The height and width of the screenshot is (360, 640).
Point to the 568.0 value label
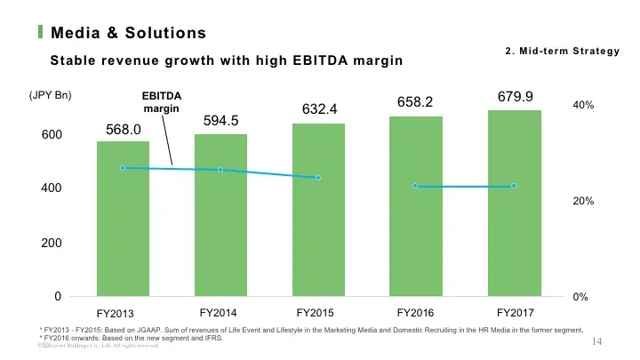tap(124, 130)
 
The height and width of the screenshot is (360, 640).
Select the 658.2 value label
tap(414, 102)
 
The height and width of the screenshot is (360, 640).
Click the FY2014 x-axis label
tap(218, 312)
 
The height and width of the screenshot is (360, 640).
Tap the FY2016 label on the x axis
tap(415, 312)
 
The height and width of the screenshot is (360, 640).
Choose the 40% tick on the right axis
tap(583, 105)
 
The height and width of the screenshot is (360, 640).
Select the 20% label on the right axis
tap(583, 202)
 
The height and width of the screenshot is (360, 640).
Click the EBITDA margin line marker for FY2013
tap(123, 168)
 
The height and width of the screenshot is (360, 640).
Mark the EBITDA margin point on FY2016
tap(416, 186)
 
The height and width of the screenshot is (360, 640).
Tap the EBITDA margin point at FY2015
tap(318, 178)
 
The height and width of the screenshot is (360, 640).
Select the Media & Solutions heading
tap(129, 34)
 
